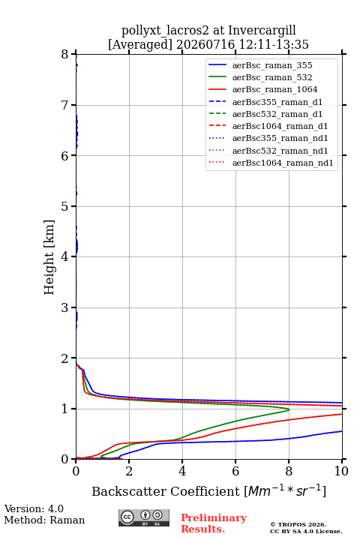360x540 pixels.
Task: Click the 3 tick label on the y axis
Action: pos(65,307)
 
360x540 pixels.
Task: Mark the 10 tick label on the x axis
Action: pos(341,471)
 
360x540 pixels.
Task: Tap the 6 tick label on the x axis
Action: pos(235,471)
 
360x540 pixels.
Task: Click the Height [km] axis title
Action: pos(49,257)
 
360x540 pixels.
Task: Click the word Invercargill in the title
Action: pos(262,30)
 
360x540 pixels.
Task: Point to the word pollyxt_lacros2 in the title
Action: pos(165,31)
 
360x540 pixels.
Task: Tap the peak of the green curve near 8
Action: pos(289,409)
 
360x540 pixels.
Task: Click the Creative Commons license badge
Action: pos(144,517)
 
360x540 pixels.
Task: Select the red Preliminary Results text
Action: pos(214,523)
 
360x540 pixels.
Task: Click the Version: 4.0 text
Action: pos(34,508)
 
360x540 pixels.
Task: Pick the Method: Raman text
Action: pos(44,520)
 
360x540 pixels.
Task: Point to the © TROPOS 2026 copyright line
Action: pos(298,524)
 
